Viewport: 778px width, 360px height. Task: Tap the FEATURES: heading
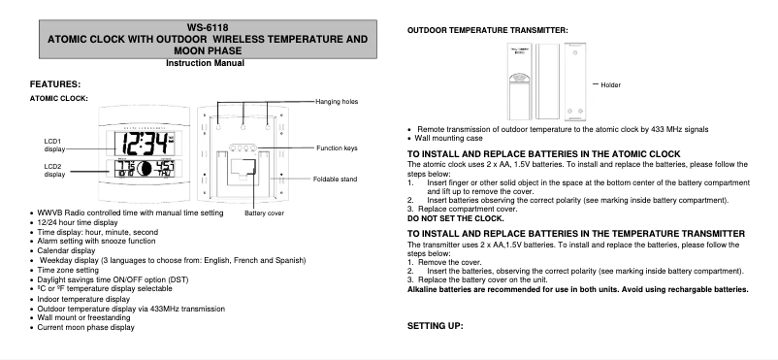click(x=55, y=84)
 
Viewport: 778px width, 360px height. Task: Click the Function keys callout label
click(x=338, y=148)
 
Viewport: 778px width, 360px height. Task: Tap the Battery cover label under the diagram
click(x=264, y=213)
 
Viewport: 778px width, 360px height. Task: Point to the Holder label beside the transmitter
click(x=610, y=85)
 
